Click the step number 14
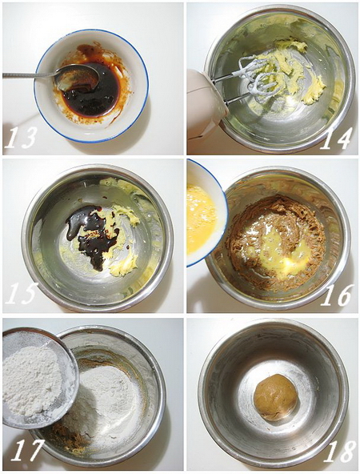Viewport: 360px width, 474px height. point(336,138)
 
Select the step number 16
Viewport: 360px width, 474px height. point(337,295)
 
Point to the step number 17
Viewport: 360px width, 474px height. point(26,451)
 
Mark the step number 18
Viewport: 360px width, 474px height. point(338,451)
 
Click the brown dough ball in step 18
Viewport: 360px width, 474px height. point(276,396)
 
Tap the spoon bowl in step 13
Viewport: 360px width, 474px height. point(79,77)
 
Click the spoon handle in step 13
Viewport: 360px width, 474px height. point(28,75)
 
